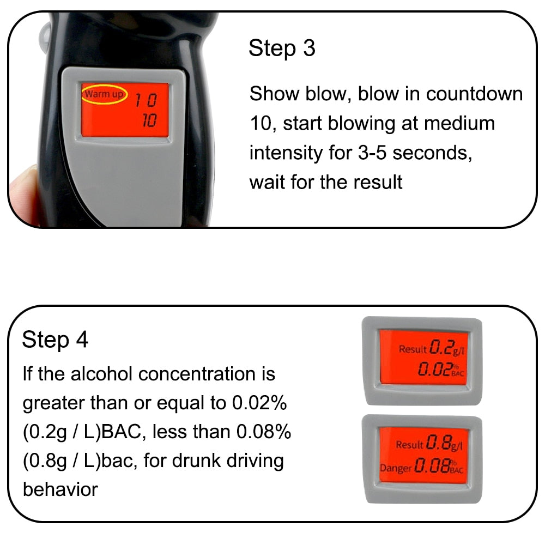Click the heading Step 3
[282, 49]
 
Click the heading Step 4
[55, 340]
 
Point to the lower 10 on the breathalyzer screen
[149, 121]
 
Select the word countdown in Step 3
[474, 94]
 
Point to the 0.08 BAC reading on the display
[434, 467]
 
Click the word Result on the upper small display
[413, 349]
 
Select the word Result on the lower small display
[410, 445]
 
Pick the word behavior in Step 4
[60, 489]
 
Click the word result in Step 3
[376, 181]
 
